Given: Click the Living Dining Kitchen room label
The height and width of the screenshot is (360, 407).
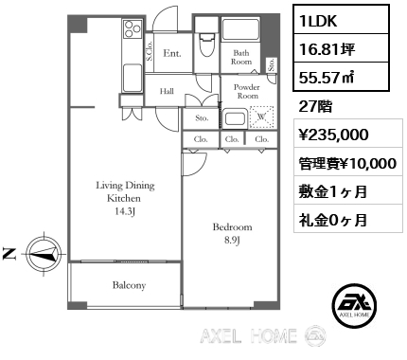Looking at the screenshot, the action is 125,198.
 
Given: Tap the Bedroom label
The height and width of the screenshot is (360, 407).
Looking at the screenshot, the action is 233,233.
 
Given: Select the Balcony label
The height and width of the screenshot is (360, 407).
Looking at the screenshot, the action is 129,285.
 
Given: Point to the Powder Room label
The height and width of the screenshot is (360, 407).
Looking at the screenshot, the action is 247,91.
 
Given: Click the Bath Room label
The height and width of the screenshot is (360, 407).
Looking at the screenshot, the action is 241,57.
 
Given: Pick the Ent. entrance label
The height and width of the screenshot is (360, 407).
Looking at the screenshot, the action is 172,53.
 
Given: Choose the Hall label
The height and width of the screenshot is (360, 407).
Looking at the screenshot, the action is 167,91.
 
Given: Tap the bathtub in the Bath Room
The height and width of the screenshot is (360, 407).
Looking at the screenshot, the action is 240,29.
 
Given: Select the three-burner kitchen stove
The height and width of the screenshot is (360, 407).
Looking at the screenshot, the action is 133,28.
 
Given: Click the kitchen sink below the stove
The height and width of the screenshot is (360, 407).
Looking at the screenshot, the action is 133,78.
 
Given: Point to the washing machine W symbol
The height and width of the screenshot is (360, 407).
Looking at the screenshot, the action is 261,117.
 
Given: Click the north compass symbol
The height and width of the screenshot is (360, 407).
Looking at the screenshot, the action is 44,254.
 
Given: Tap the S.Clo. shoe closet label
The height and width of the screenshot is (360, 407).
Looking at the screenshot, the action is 150,51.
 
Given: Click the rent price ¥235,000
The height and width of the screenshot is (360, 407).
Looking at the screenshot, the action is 333,135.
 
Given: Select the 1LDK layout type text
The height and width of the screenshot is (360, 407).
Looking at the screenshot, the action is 318,21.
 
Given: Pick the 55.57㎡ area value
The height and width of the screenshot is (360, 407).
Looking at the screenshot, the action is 327,77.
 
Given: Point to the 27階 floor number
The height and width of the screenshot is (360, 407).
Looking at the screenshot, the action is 315,106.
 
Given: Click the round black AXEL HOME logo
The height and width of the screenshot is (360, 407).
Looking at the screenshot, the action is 355,304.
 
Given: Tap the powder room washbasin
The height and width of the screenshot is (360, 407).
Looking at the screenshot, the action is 236,118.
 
